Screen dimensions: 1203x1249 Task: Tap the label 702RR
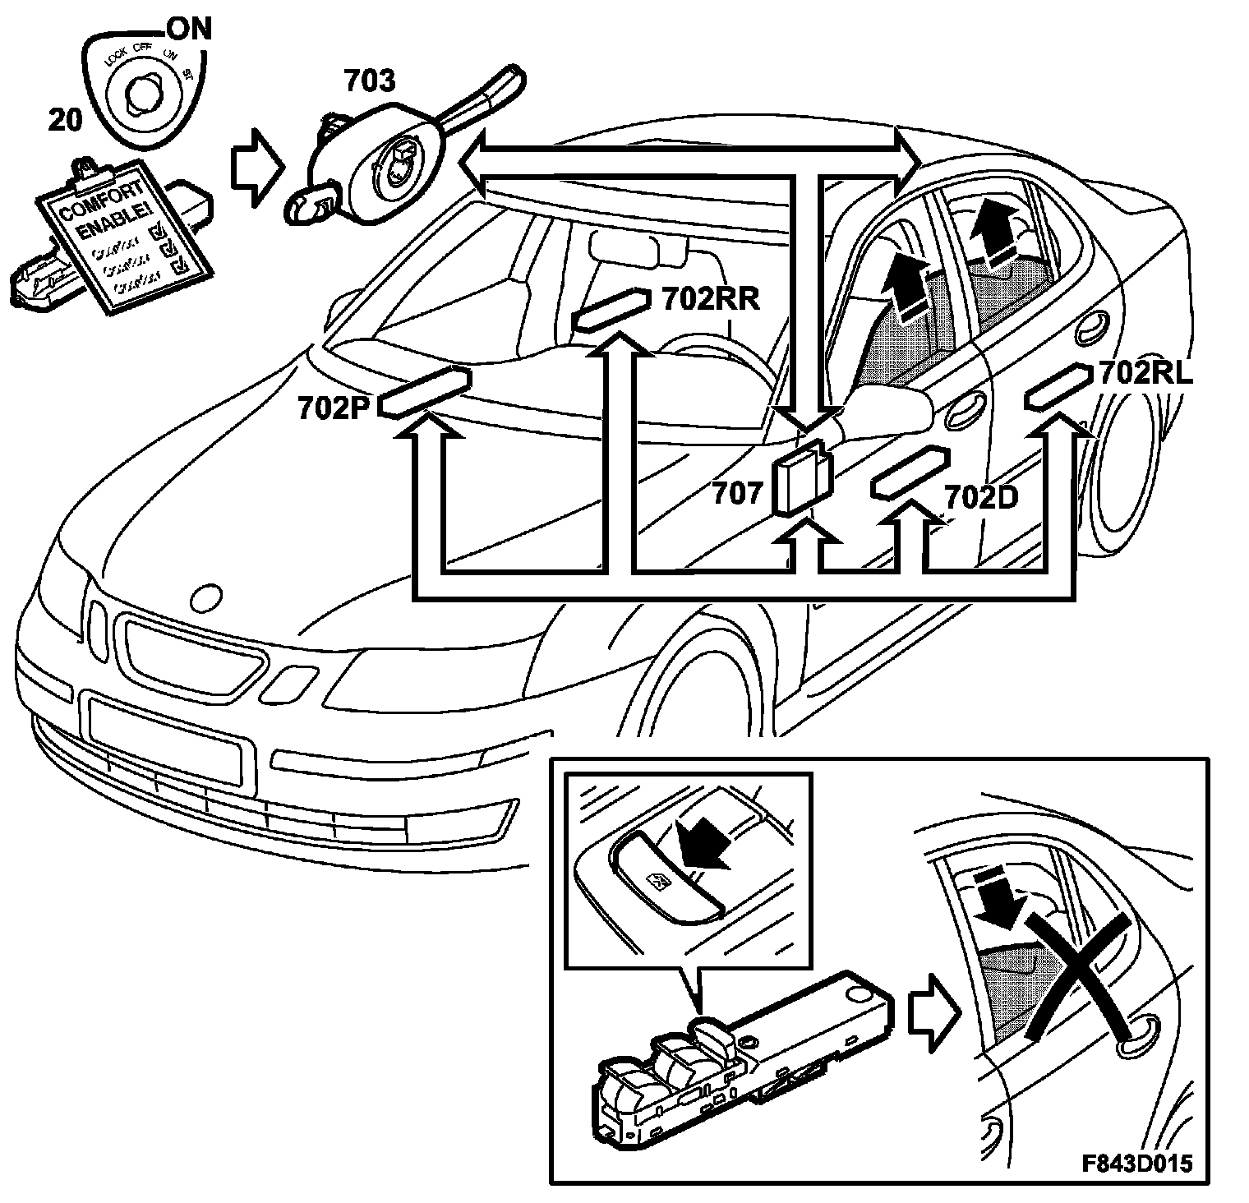click(x=711, y=299)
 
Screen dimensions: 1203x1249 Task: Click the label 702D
click(x=981, y=498)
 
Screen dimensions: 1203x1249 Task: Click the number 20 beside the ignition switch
click(x=65, y=120)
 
